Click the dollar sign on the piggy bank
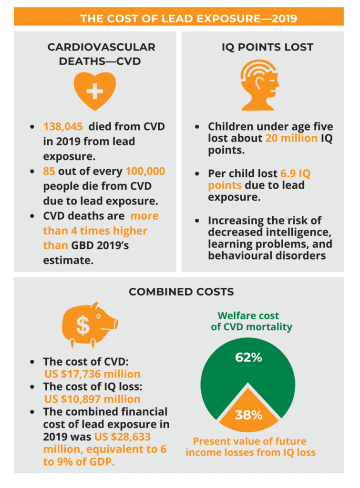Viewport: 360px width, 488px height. (83, 325)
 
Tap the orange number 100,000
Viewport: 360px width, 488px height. (145, 171)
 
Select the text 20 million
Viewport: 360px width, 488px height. (291, 138)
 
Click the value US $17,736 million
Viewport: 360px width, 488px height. (92, 374)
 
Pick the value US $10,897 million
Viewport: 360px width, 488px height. (92, 399)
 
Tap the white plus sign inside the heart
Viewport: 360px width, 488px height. (94, 90)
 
